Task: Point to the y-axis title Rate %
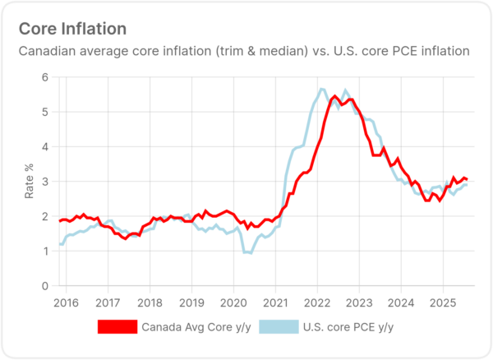[30, 182]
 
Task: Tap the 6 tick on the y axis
[44, 77]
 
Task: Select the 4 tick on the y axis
[44, 147]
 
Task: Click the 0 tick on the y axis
[44, 286]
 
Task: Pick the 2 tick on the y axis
[44, 217]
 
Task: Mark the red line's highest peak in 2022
[334, 97]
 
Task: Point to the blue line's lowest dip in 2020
[248, 253]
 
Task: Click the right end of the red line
[468, 179]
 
